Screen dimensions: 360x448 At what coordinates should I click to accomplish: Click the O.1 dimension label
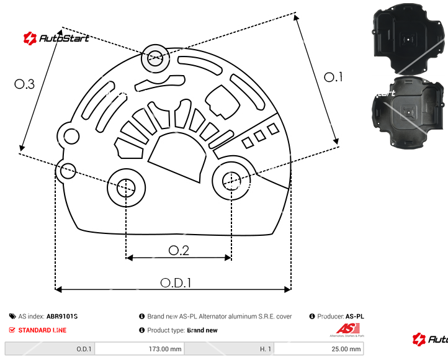(x=333, y=77)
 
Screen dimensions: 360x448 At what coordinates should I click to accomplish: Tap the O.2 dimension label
(x=179, y=250)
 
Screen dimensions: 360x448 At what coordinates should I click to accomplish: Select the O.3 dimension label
(x=24, y=84)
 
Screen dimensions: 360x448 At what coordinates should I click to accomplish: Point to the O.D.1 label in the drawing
(x=176, y=282)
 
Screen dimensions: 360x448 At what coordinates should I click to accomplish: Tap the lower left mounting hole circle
(x=126, y=186)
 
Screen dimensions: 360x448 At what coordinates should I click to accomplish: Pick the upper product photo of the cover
(x=409, y=38)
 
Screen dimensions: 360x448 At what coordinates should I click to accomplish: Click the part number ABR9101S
(x=62, y=317)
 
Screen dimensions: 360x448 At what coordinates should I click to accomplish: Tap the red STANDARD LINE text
(x=42, y=330)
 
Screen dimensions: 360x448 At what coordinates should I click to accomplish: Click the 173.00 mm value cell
(x=140, y=349)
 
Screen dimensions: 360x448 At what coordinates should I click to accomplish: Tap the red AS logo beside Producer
(x=345, y=330)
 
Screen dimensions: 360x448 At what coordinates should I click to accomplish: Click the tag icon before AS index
(x=12, y=317)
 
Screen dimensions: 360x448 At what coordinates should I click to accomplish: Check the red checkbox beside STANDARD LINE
(x=12, y=330)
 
